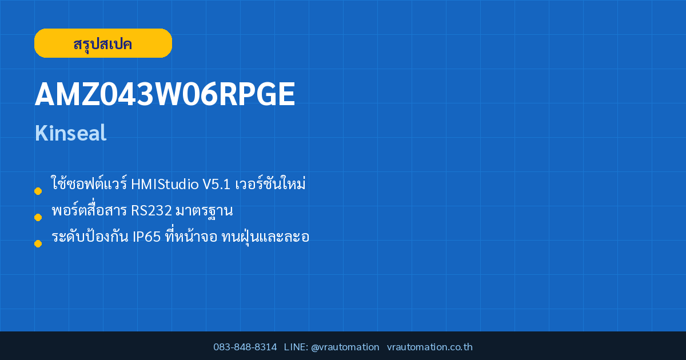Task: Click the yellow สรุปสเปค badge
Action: click(103, 43)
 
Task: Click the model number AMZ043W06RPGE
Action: click(165, 94)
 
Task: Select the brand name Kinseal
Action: click(70, 133)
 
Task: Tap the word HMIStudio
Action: click(165, 184)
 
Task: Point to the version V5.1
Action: click(216, 184)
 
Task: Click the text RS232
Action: click(151, 211)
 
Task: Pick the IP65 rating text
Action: click(146, 237)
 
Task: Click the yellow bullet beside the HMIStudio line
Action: click(38, 191)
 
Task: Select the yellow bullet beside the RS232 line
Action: click(38, 217)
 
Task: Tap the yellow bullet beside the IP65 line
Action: click(38, 243)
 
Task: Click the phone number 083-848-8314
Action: click(245, 347)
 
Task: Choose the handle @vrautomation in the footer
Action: click(345, 347)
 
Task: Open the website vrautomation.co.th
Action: click(430, 347)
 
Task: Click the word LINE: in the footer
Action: click(296, 347)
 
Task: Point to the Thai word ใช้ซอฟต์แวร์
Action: click(89, 183)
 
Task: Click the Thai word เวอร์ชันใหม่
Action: click(270, 183)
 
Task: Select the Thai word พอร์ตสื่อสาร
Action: click(89, 209)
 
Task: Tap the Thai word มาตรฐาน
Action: click(204, 211)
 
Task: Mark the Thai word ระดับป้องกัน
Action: click(90, 237)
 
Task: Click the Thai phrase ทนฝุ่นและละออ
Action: click(265, 237)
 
